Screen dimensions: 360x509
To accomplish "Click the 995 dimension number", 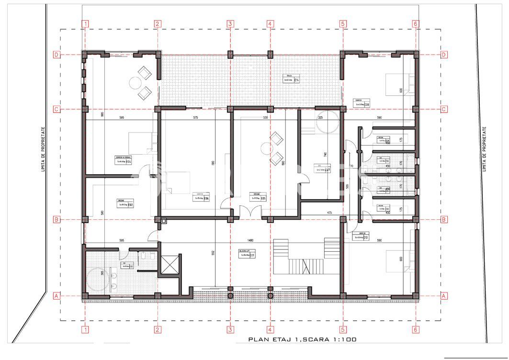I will coord(102,114).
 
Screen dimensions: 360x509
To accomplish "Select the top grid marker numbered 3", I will coord(230,23).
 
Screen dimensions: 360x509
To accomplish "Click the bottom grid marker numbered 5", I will coord(343,329).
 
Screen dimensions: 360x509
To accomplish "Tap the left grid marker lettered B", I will coord(56,220).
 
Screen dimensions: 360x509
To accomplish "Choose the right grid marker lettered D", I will coord(444,55).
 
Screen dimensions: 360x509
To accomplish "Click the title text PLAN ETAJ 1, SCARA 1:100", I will coord(302,339).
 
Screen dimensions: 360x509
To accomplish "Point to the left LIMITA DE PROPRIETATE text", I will coord(43,149).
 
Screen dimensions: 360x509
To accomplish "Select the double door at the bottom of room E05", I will coord(251,211).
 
